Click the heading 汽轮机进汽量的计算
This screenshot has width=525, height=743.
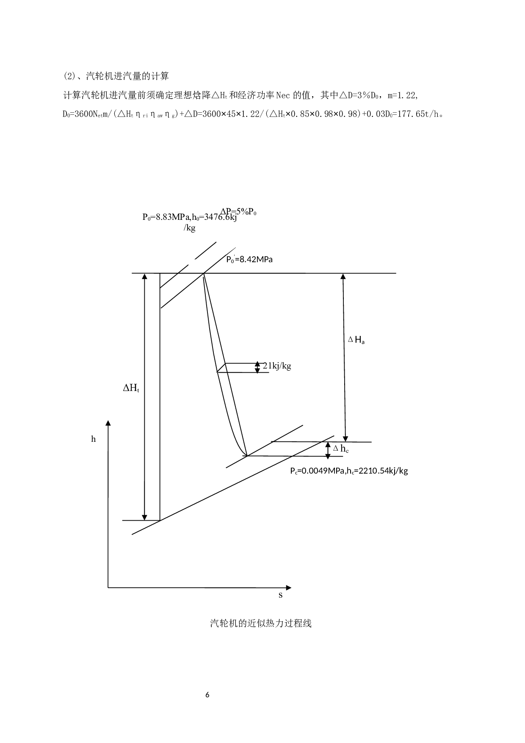[127, 76]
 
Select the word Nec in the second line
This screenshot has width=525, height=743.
[283, 95]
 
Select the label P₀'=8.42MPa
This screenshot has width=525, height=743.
[249, 260]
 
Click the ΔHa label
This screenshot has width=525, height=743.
[356, 340]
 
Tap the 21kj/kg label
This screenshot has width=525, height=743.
[277, 366]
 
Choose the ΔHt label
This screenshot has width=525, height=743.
[131, 388]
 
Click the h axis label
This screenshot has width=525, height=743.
[94, 439]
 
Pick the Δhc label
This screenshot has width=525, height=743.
[341, 449]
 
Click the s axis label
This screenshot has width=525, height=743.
[281, 595]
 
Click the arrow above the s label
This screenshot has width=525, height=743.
[282, 588]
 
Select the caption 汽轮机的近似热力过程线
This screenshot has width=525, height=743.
[261, 624]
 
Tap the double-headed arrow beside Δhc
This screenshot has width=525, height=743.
[327, 450]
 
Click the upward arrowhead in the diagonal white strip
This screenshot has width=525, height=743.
[145, 277]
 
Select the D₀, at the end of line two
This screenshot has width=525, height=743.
[377, 95]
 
